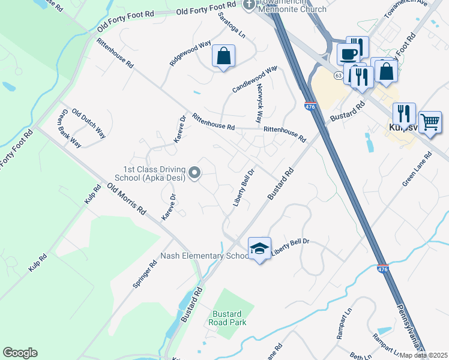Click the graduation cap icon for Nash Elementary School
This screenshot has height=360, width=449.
[x=259, y=248]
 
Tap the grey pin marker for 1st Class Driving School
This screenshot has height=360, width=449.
[x=194, y=173]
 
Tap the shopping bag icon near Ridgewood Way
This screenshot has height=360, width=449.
[x=223, y=57]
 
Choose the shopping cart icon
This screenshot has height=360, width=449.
[x=430, y=122]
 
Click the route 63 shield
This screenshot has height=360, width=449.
[x=339, y=76]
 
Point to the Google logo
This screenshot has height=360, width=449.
[x=20, y=353]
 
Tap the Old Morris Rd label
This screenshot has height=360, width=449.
[x=127, y=200]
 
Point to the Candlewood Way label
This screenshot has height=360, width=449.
[x=255, y=79]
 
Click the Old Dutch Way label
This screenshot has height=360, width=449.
[x=89, y=124]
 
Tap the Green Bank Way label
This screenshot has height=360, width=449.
[x=69, y=128]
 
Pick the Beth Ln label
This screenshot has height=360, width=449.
[x=360, y=356]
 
